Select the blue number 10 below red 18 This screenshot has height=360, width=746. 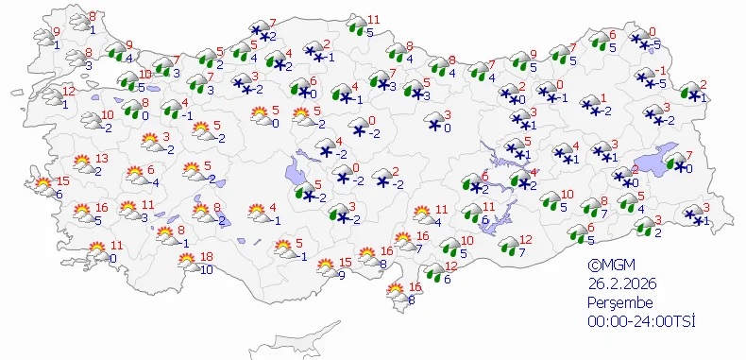(208, 269)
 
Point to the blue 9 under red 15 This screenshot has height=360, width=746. (341, 275)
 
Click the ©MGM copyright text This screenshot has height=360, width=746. (606, 267)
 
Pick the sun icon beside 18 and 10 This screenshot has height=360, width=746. (190, 265)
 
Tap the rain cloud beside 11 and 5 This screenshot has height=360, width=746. (356, 26)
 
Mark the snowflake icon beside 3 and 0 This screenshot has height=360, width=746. (434, 123)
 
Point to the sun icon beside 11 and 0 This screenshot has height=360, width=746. (97, 251)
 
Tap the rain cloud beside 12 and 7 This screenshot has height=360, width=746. (508, 246)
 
